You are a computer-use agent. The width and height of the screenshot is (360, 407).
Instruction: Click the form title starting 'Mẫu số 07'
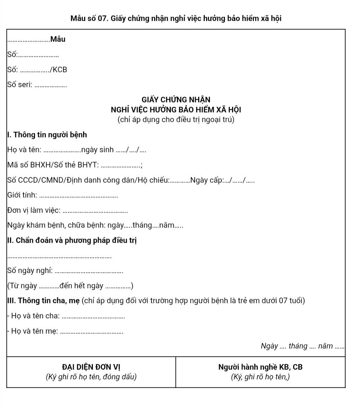[176, 18]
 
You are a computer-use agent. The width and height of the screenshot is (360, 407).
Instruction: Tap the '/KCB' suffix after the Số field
[58, 70]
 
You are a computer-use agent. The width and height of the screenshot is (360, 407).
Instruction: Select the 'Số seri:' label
[19, 85]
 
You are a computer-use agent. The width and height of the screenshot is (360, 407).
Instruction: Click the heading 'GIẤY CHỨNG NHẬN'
[176, 100]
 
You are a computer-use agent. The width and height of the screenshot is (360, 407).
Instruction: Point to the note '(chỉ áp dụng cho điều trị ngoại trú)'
[176, 120]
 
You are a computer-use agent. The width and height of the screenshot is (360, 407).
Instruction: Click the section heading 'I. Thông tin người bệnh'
[47, 135]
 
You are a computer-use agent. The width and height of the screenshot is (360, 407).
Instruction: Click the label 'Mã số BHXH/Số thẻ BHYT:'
[52, 165]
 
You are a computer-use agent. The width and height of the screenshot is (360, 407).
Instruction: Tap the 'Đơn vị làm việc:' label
[34, 211]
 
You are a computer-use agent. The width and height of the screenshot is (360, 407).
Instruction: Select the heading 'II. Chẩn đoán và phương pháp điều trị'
[72, 240]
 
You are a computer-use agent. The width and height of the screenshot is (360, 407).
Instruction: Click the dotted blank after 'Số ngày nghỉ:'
[89, 272]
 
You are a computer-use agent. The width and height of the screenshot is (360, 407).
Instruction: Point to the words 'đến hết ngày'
[81, 286]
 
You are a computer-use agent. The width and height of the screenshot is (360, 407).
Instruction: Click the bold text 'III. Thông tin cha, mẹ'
[43, 301]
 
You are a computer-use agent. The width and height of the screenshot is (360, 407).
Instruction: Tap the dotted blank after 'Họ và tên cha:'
[95, 317]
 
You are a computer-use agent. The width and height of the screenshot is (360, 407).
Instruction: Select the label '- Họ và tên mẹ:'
[32, 331]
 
